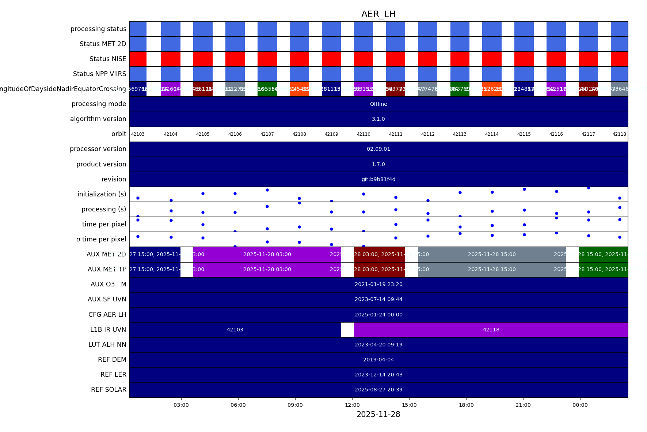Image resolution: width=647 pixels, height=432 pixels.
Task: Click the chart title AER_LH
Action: [378, 14]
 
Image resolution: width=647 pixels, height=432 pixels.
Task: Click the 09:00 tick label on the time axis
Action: [295, 405]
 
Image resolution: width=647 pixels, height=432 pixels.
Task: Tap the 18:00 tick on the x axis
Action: [466, 405]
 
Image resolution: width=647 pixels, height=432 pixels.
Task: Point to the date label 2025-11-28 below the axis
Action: [378, 414]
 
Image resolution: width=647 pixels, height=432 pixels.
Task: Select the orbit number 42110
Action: [364, 134]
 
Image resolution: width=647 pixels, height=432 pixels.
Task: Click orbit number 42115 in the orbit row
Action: [524, 134]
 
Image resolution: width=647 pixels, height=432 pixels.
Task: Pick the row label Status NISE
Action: [108, 59]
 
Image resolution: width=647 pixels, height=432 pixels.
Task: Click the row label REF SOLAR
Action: [109, 390]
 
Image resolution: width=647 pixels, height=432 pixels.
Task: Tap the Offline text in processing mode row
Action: [378, 104]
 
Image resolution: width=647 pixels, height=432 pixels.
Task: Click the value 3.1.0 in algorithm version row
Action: [378, 119]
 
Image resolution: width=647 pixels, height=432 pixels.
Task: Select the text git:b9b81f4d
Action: [378, 179]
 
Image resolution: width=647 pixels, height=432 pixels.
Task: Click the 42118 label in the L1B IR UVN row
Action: [491, 330]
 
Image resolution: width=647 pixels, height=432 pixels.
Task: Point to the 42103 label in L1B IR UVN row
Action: [235, 330]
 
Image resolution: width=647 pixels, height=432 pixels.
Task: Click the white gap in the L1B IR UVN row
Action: [347, 330]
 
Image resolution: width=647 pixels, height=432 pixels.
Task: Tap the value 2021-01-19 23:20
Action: [378, 284]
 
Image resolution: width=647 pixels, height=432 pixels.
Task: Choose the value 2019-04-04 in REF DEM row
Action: [378, 360]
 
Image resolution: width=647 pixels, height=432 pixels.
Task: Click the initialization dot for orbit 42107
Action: [267, 190]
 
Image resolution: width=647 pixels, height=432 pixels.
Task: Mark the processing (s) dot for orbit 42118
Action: [620, 207]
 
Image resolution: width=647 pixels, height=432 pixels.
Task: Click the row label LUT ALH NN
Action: [107, 345]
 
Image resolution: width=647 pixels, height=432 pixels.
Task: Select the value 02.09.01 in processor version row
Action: [378, 149]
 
